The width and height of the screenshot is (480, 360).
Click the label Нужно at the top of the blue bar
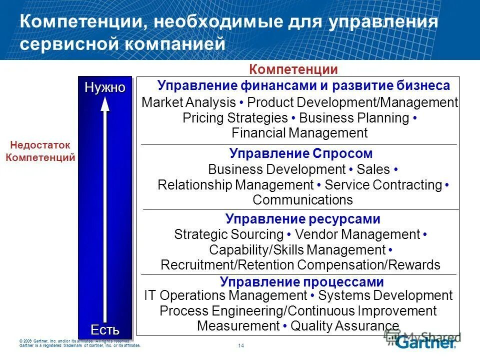coord(104,87)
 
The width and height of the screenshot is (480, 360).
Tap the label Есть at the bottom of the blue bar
coord(105,329)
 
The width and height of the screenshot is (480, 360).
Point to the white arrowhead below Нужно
coord(105,104)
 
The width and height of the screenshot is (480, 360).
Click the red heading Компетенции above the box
coord(293,69)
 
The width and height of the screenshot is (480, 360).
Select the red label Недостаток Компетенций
coord(40,151)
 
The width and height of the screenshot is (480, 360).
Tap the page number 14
coord(241,345)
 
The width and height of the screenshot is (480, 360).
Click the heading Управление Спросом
coord(301,153)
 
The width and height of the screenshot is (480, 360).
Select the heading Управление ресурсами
coord(302,219)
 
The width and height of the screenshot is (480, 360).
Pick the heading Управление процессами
coord(302,282)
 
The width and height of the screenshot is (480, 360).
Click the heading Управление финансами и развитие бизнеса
coord(303,85)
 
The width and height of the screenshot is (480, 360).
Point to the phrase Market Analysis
coord(188,103)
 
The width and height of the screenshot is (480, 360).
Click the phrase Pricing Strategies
coord(235,118)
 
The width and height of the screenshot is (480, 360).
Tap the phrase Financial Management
coord(299,133)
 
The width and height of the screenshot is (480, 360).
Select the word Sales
coord(373,169)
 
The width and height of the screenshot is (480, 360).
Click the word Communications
coord(302,200)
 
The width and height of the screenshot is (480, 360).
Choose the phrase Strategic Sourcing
coord(228,234)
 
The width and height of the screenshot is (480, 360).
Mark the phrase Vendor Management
coord(357,234)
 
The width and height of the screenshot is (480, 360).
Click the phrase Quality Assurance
coord(345,326)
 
